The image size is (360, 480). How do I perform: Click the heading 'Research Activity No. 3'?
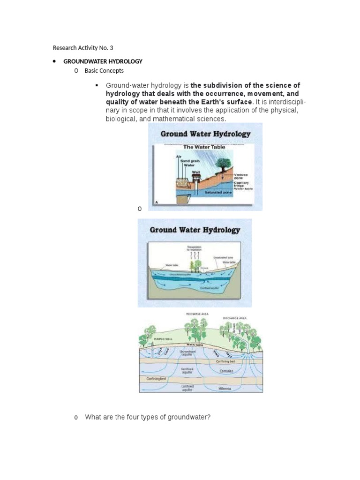[83, 48]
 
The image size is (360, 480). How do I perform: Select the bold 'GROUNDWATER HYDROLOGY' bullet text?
[103, 61]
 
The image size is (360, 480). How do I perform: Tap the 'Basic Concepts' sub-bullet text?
[104, 71]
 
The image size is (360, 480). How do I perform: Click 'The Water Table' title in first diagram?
[203, 147]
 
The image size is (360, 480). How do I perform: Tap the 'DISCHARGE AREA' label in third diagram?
[234, 318]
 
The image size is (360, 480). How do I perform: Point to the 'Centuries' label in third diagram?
[226, 371]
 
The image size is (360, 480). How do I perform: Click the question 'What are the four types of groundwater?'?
[148, 417]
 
